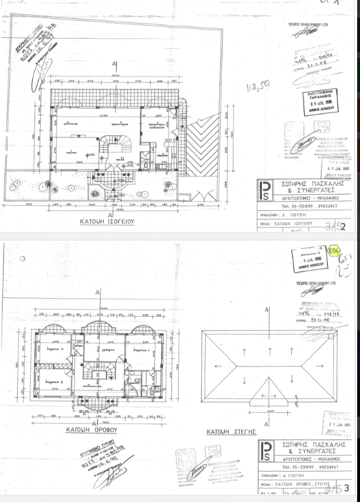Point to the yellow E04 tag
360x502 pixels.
(334, 250)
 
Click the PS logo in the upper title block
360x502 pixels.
(265, 190)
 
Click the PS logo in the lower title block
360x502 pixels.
(265, 451)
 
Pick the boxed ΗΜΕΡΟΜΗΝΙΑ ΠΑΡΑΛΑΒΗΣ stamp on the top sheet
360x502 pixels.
(321, 102)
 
